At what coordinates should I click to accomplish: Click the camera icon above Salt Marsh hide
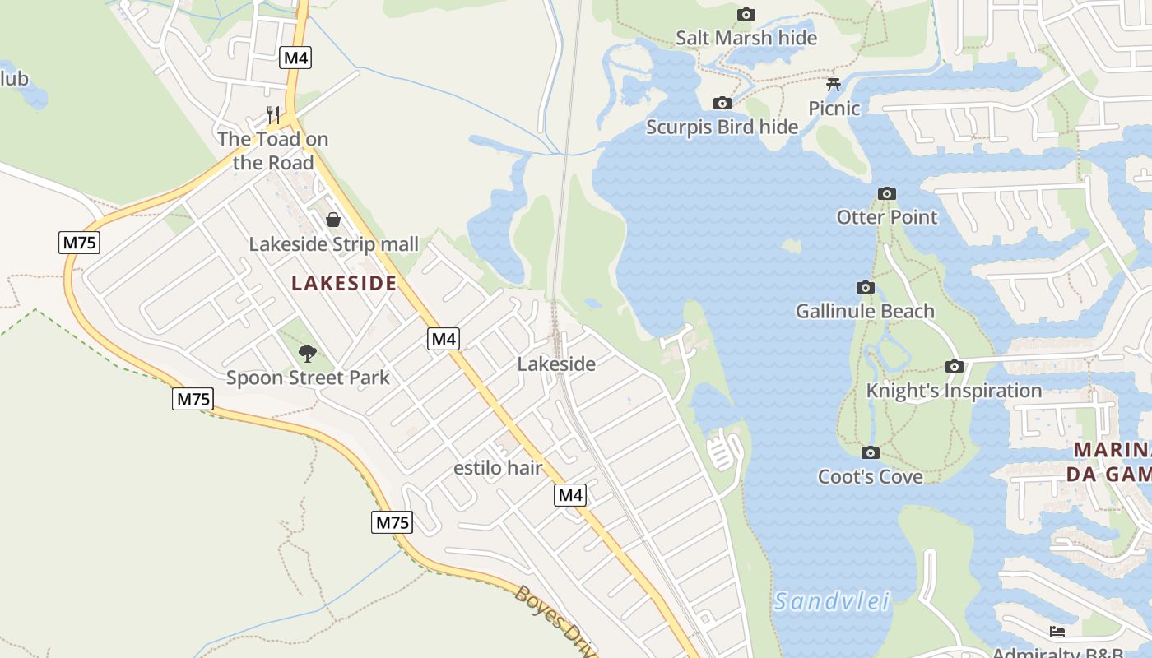(746, 14)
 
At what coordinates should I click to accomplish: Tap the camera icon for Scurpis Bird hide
(722, 103)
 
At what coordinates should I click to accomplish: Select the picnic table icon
(834, 84)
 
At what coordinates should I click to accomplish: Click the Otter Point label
(886, 217)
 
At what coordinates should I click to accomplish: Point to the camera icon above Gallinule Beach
(865, 287)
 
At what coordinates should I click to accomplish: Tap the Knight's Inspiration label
(954, 391)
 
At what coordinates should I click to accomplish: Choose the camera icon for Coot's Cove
(870, 452)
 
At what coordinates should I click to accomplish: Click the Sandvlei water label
(832, 602)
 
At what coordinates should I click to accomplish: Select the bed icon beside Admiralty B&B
(1057, 632)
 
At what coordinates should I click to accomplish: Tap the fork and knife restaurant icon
(273, 114)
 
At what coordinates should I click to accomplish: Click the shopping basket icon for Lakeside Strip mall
(333, 220)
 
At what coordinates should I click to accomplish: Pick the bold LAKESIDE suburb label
(344, 283)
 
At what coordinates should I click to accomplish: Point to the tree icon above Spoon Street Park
(308, 354)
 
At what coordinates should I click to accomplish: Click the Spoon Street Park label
(308, 378)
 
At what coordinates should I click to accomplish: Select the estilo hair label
(498, 468)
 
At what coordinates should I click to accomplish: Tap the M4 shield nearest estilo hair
(570, 494)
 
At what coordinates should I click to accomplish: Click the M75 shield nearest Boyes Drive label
(392, 522)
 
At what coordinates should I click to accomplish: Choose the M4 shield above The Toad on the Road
(295, 58)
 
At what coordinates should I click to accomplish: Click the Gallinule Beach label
(865, 311)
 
